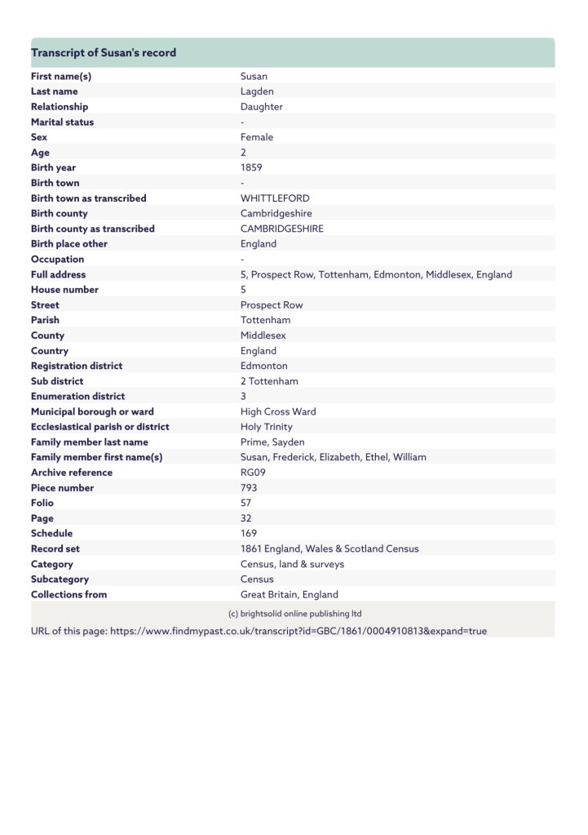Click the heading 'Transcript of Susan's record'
tap(104, 53)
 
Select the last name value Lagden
tap(257, 91)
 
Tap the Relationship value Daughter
tap(262, 107)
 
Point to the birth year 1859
tap(251, 168)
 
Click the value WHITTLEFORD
tap(275, 198)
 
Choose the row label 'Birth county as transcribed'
tap(92, 229)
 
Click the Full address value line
tap(376, 275)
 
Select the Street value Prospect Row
tap(272, 305)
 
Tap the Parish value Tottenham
tap(265, 321)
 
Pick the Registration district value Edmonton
tap(263, 366)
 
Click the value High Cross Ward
tap(278, 412)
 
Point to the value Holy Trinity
tap(266, 427)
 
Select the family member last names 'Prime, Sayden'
tap(272, 442)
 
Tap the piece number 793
tap(249, 488)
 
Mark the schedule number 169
tap(249, 534)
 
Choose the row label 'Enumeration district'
tap(77, 397)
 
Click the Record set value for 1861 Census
tap(329, 549)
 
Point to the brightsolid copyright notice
tap(294, 614)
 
